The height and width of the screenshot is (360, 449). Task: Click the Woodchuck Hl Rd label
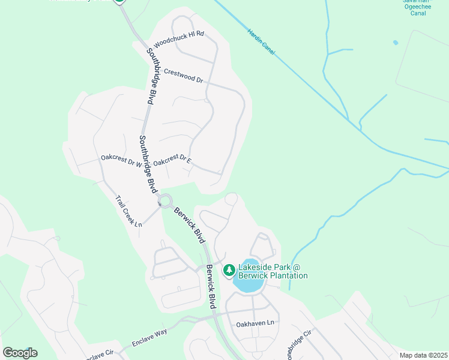[179, 39]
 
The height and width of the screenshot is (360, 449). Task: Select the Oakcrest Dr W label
[121, 158]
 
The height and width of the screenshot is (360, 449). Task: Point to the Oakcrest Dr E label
[172, 162]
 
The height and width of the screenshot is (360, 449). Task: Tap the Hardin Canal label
[261, 42]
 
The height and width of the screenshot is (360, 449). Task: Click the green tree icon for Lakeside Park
[229, 271]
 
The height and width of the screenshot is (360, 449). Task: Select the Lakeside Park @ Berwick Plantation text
[273, 271]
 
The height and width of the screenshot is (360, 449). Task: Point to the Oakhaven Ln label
[255, 323]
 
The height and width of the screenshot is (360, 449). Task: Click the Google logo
[20, 353]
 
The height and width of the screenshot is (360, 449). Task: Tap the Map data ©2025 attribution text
[423, 355]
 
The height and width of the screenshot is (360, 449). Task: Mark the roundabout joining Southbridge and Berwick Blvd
[165, 201]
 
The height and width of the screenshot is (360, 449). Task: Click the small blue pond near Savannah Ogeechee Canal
[395, 43]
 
